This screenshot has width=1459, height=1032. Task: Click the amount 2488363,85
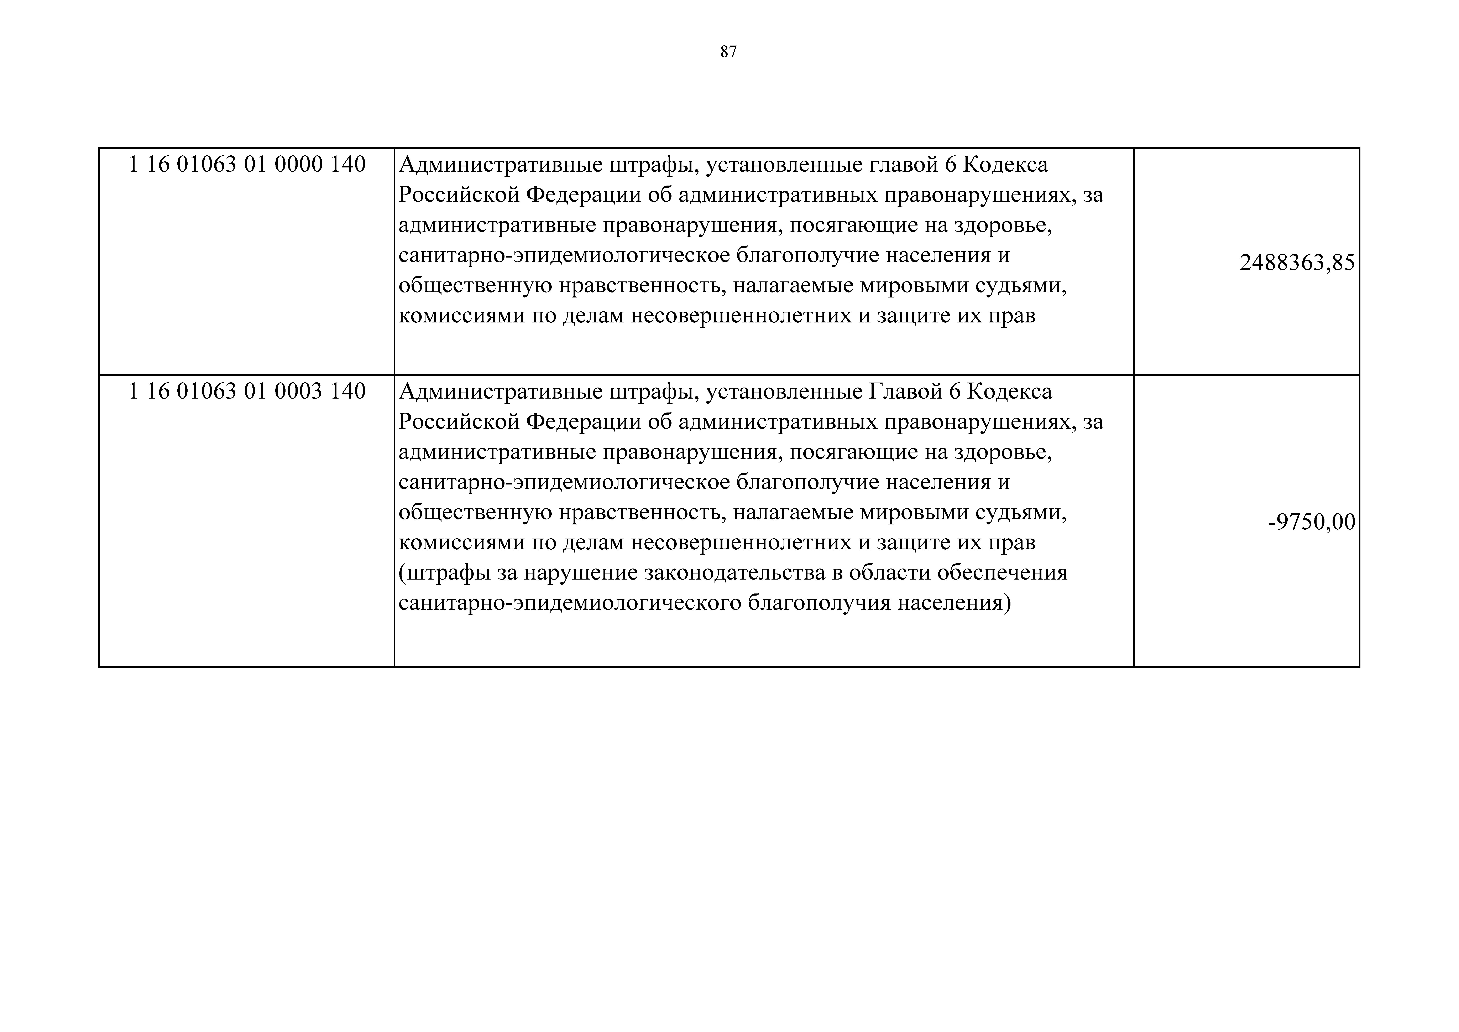[1297, 263]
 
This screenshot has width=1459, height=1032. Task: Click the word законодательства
[734, 573]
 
